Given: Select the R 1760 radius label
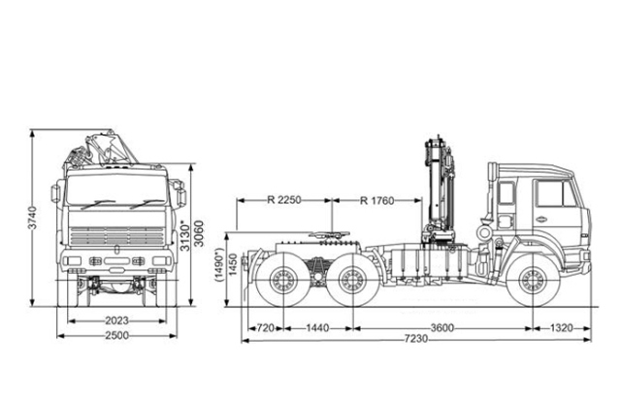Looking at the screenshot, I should (377, 201).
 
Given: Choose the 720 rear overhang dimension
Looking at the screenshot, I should (263, 328).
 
